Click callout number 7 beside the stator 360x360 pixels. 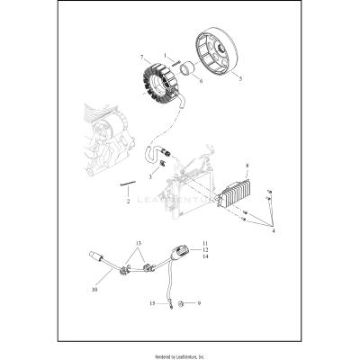141,58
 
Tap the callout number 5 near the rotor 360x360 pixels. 240,77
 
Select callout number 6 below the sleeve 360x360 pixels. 201,80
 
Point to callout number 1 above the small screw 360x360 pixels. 165,57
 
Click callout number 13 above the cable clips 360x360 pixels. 139,243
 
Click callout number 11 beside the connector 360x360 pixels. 204,243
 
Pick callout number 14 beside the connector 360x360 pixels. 204,257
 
